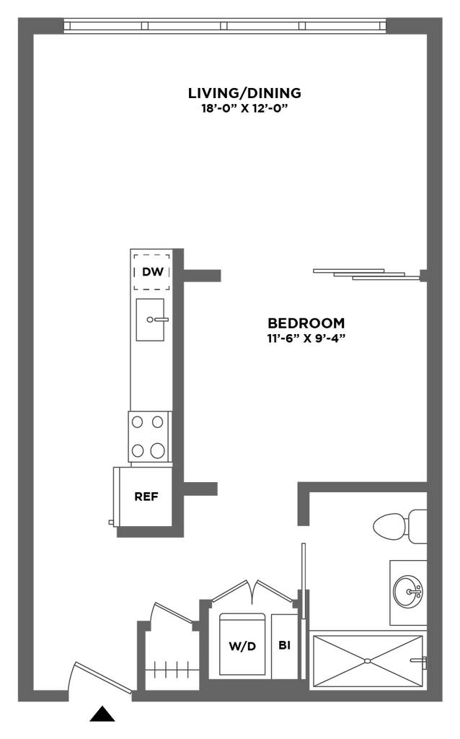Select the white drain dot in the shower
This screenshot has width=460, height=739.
(x=367, y=660)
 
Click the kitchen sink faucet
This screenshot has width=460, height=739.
(x=156, y=318)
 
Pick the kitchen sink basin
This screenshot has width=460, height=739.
(x=150, y=320)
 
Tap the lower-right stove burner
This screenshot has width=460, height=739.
(x=158, y=451)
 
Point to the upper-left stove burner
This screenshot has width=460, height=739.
(x=137, y=421)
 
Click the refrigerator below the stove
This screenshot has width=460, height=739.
(x=143, y=497)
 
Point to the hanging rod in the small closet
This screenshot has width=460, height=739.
(x=172, y=670)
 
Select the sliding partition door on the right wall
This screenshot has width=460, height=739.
(x=364, y=274)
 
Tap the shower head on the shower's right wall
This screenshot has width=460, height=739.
(x=416, y=660)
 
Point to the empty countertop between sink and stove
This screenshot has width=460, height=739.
(x=150, y=375)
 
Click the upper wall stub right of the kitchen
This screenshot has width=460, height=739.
(x=203, y=276)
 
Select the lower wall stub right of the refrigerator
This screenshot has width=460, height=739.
(x=201, y=489)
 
